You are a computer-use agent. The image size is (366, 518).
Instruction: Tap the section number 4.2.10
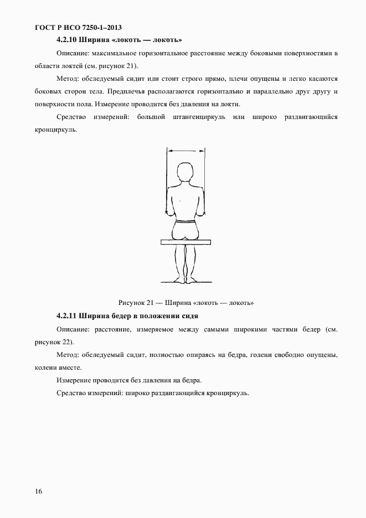(68, 40)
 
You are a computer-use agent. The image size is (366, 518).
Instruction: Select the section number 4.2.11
(68, 315)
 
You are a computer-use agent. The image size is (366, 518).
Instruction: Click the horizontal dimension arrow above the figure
(185, 149)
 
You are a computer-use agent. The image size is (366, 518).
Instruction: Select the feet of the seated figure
(185, 281)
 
